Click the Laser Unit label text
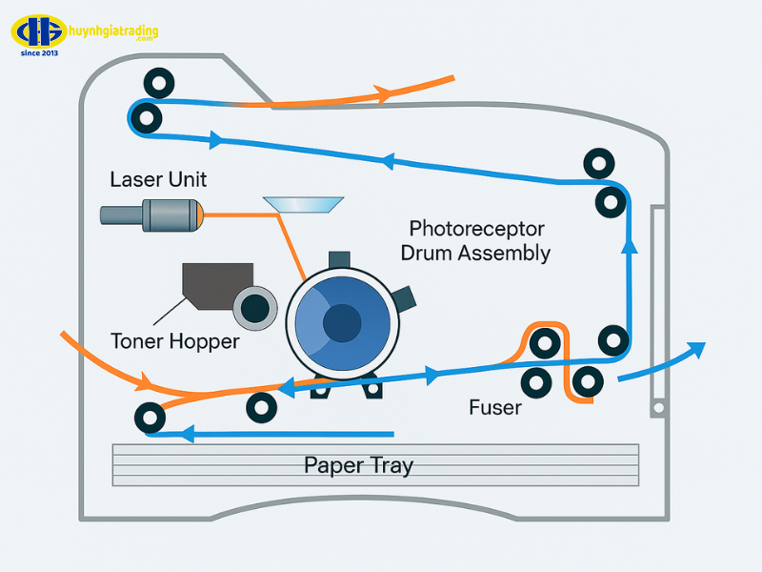[x=158, y=179]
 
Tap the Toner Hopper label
[x=175, y=340]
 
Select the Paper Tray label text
[x=358, y=465]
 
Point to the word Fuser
[x=495, y=408]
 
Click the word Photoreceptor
[x=476, y=230]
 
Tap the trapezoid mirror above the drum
[x=304, y=204]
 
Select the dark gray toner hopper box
[x=219, y=284]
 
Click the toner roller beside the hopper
[x=255, y=307]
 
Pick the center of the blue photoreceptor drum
[x=340, y=324]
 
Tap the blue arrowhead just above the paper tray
[x=188, y=435]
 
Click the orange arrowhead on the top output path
[x=383, y=94]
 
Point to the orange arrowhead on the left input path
[x=147, y=384]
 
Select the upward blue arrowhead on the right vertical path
[x=629, y=247]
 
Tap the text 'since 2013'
[x=39, y=52]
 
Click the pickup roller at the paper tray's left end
[x=149, y=417]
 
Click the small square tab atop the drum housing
[x=339, y=259]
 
